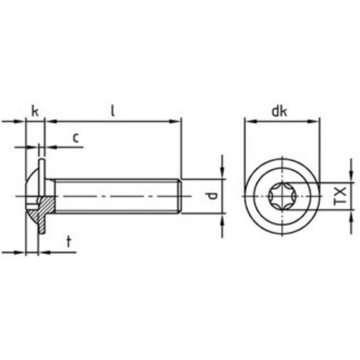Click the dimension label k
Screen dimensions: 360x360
35,112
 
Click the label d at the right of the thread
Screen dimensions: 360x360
211,196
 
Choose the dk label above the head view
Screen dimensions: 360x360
280,111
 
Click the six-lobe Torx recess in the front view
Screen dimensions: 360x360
281,196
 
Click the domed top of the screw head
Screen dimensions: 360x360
28,187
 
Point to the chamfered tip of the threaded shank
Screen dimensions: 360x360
178,196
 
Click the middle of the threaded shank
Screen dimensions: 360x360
115,196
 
